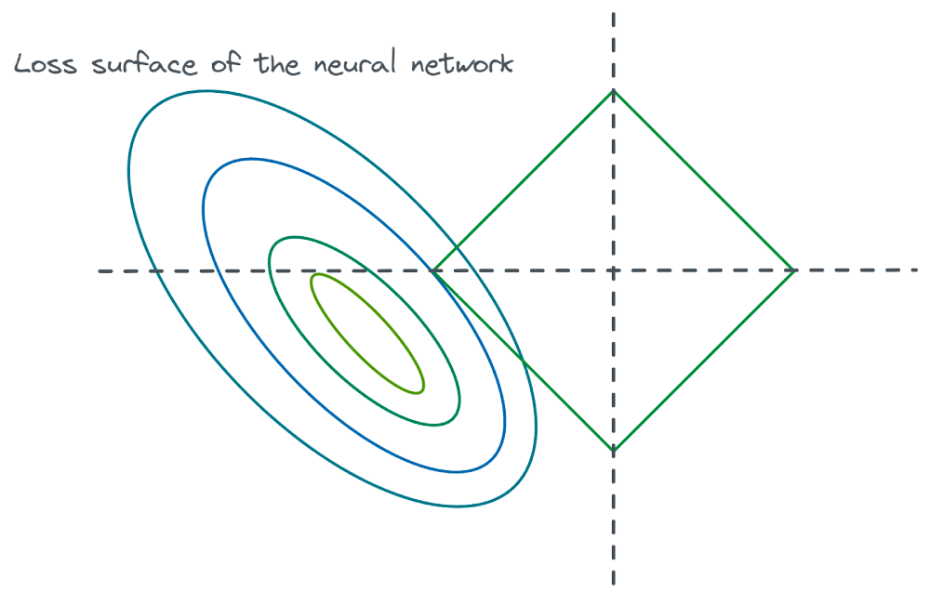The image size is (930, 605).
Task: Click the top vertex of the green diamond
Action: click(x=613, y=90)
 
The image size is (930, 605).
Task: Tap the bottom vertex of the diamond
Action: click(x=613, y=452)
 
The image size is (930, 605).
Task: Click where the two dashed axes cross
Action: click(x=613, y=270)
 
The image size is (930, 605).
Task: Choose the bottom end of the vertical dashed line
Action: click(x=613, y=584)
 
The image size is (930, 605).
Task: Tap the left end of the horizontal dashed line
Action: click(x=100, y=270)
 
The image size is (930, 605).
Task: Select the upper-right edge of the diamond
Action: click(x=704, y=180)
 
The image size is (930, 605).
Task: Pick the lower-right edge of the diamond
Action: click(x=704, y=362)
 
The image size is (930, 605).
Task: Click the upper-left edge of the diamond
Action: click(x=523, y=180)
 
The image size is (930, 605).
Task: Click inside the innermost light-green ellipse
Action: click(x=367, y=333)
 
